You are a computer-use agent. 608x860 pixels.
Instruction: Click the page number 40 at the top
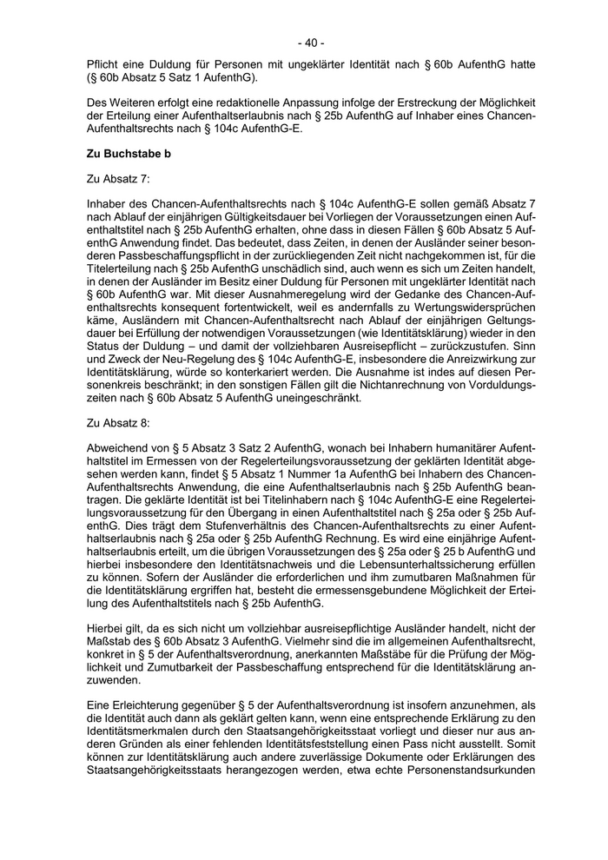pyautogui.click(x=310, y=42)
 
